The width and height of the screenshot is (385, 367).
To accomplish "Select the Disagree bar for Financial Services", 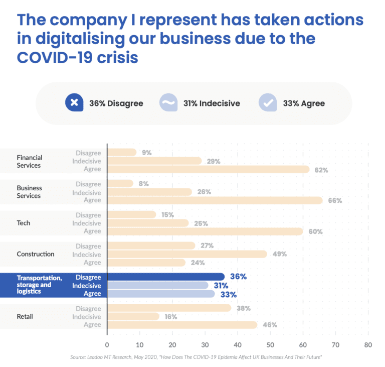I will click(x=122, y=152).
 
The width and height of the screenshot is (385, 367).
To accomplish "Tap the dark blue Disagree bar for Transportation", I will click(x=166, y=277).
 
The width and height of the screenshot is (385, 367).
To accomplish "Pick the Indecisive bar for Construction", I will click(x=187, y=254).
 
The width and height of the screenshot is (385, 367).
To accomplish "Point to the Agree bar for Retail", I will click(x=182, y=325).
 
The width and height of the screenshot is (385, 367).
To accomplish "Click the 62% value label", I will click(x=321, y=170).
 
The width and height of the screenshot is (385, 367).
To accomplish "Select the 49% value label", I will click(x=280, y=254).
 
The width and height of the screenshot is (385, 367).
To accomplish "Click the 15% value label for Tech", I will click(x=167, y=215).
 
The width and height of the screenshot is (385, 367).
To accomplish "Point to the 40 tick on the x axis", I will click(x=238, y=345).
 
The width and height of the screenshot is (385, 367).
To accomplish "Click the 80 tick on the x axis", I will click(x=368, y=345).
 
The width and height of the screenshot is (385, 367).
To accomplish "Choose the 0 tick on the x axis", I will click(x=107, y=345).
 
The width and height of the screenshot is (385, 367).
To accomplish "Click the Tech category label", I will click(x=24, y=223).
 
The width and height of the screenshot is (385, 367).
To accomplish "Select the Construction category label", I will click(x=36, y=254).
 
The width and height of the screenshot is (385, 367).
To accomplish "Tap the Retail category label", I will click(x=25, y=316).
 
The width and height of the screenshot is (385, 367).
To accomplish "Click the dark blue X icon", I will click(x=74, y=103).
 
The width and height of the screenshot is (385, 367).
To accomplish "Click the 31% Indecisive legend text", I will click(x=211, y=103).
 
